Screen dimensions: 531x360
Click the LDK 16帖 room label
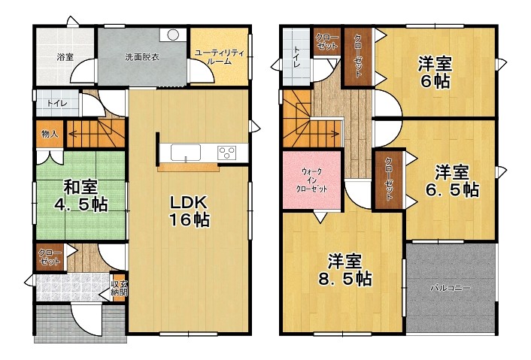click(x=190, y=211)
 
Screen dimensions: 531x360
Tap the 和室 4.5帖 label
click(x=81, y=196)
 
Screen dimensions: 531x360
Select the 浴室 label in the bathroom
click(x=65, y=57)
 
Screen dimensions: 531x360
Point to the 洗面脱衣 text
click(x=142, y=57)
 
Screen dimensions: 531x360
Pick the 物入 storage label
click(x=50, y=134)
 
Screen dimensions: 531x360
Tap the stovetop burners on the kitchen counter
click(x=227, y=153)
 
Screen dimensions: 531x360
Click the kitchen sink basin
click(x=186, y=153)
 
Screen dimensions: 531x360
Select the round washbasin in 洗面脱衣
click(x=173, y=34)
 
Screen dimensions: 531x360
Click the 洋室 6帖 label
click(x=435, y=72)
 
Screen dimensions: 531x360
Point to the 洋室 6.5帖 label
click(x=452, y=181)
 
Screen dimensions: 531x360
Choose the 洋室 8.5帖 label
click(x=344, y=270)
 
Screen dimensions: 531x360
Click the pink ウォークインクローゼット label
click(x=311, y=180)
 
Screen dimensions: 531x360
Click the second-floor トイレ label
click(x=297, y=56)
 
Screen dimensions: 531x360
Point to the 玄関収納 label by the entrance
click(x=119, y=288)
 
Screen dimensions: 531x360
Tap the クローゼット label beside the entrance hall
click(x=50, y=257)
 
